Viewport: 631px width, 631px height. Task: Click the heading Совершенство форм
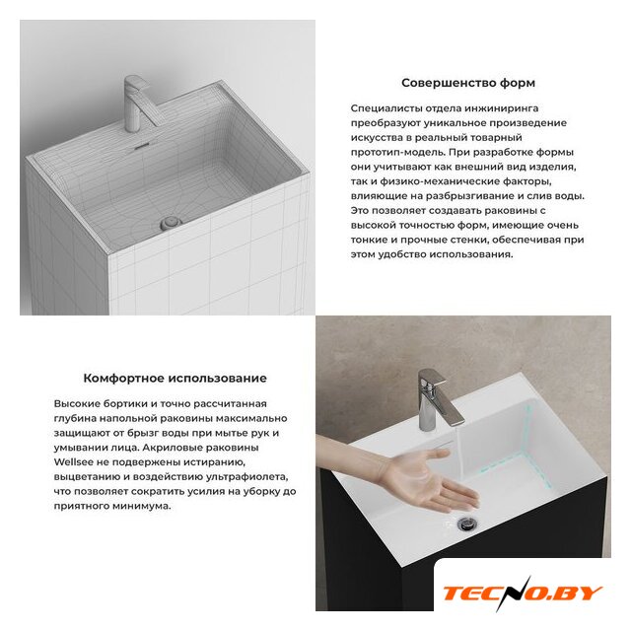click(468, 83)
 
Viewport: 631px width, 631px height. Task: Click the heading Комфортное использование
click(175, 379)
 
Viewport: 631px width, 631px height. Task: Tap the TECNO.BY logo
click(523, 594)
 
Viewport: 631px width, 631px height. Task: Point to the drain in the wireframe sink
click(171, 223)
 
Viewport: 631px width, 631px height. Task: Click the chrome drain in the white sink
click(466, 523)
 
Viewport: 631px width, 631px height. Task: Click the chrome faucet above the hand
click(437, 399)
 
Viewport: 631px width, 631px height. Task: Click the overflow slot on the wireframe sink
click(141, 147)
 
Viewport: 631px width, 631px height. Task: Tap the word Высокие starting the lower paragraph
click(77, 403)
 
